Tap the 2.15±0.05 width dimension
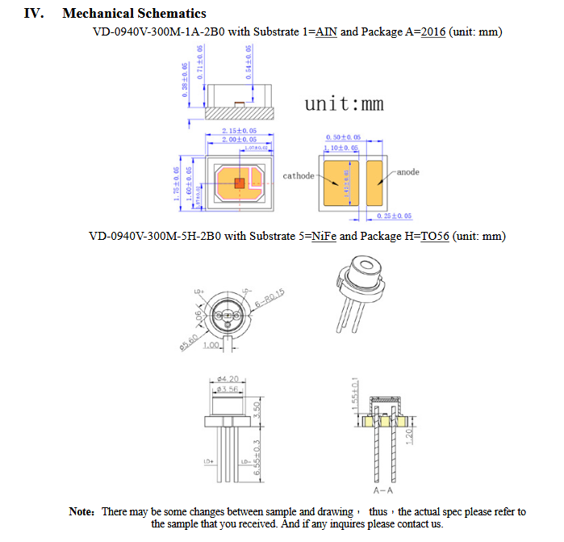pos(239,131)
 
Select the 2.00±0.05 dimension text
pos(239,141)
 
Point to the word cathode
pos(298,175)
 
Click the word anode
pos(408,172)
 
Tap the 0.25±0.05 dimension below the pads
pos(395,216)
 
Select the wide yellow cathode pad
pos(342,182)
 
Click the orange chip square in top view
pos(239,183)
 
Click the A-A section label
pos(383,490)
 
